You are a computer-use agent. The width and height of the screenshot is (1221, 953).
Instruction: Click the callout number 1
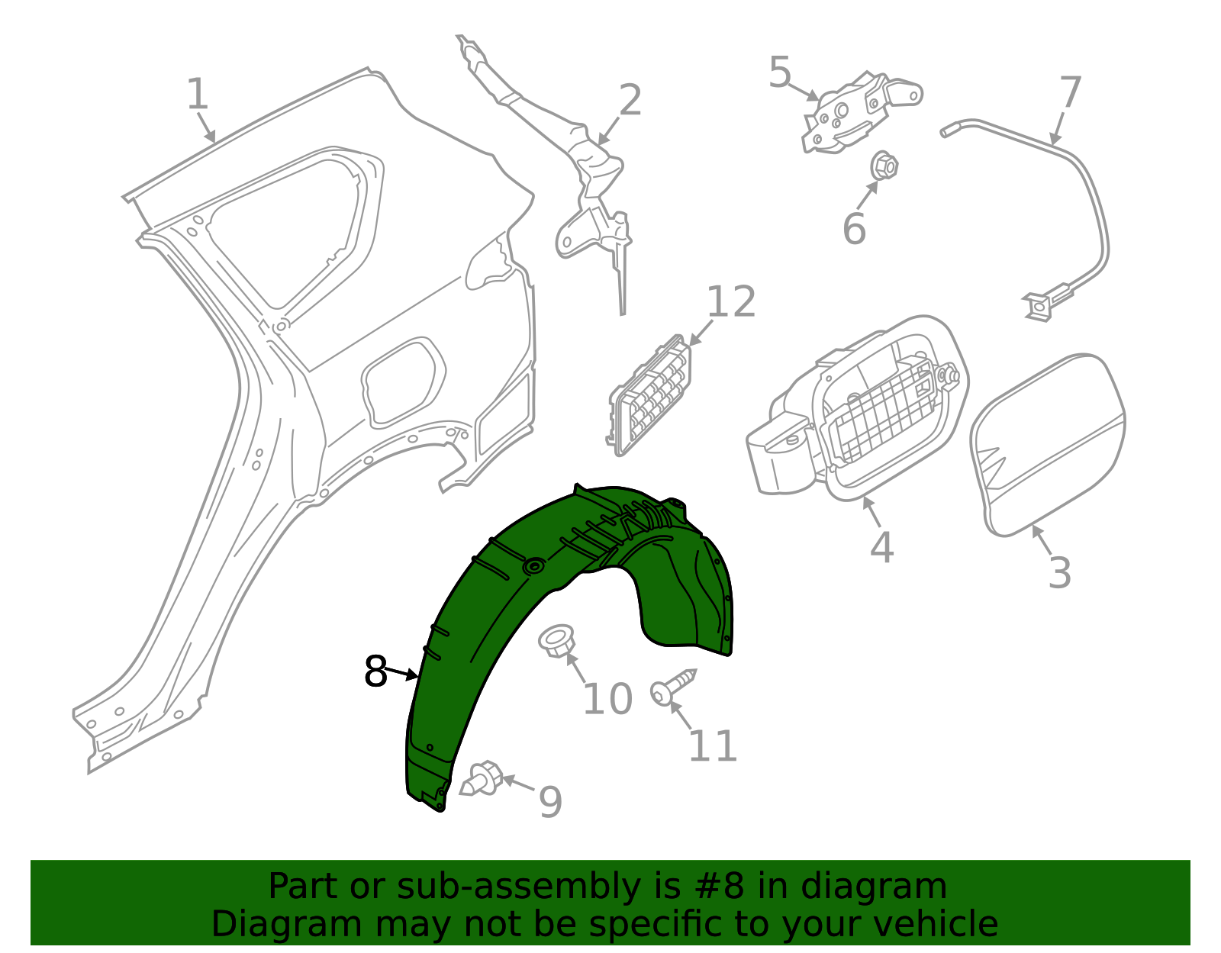[x=197, y=95]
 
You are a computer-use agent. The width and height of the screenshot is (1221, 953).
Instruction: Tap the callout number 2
[x=630, y=101]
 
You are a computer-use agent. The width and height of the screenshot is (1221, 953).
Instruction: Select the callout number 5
[x=780, y=72]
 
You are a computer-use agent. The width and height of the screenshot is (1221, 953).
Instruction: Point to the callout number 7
[x=1071, y=92]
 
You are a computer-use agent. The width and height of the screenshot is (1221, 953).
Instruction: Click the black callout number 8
[x=376, y=671]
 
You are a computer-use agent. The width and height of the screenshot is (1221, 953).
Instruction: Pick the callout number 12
[x=730, y=301]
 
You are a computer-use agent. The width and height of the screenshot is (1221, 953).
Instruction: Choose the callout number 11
[x=713, y=746]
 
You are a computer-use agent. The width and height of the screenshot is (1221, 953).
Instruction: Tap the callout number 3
[x=1060, y=573]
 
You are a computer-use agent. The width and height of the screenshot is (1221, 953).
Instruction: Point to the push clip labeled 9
[x=482, y=779]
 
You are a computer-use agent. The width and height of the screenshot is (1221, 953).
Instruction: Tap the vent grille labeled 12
[x=651, y=395]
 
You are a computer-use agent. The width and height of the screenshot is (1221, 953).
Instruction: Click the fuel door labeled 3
[x=1048, y=446]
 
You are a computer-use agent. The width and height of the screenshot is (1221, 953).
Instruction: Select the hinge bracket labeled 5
[x=860, y=112]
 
